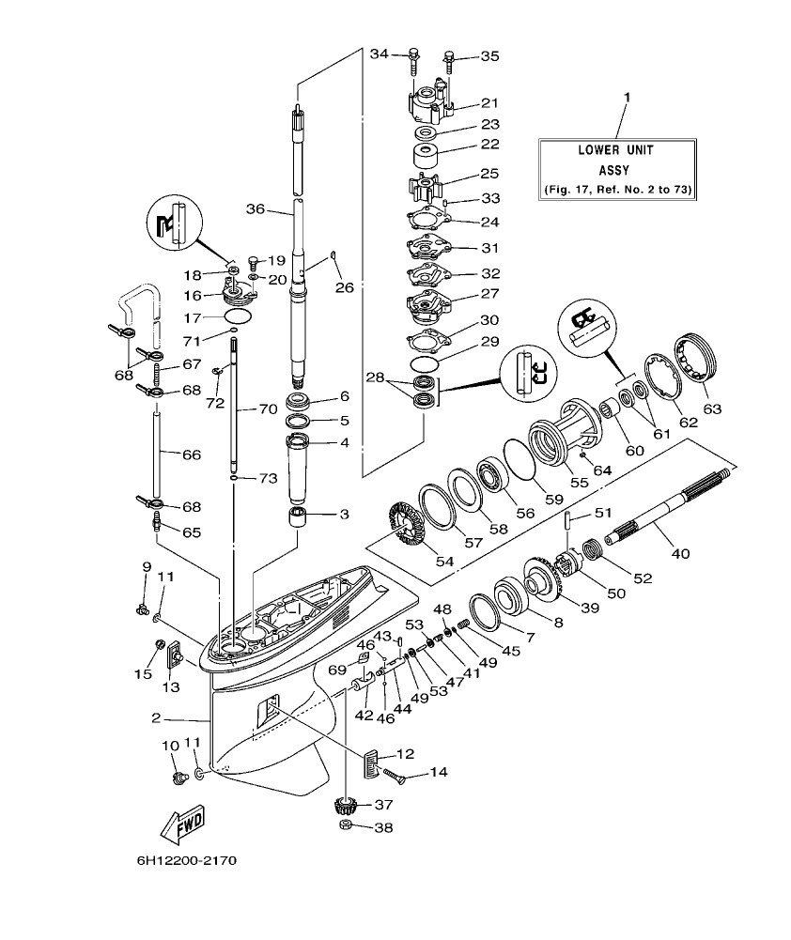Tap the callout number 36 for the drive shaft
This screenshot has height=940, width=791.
point(256,208)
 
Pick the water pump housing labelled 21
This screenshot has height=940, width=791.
point(430,101)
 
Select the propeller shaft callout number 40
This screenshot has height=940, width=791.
point(679,553)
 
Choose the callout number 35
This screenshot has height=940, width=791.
point(489,56)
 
